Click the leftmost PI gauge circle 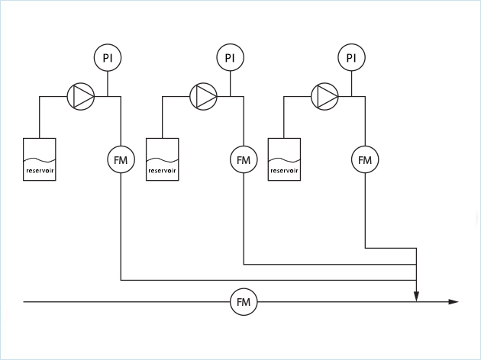(x=108, y=58)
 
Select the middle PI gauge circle (x=229, y=58)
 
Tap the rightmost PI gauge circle (x=351, y=58)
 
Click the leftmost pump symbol (x=81, y=96)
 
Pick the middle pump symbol (x=203, y=96)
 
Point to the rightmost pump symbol (x=325, y=96)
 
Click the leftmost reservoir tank (x=40, y=159)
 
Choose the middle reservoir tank (x=162, y=159)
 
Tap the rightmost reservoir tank (x=284, y=159)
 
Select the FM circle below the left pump (x=121, y=160)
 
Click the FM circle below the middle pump (x=244, y=160)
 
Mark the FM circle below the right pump (x=365, y=160)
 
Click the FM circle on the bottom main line (x=244, y=303)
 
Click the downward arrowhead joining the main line (x=416, y=297)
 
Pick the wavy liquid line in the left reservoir (x=40, y=159)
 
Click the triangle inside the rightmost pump (x=326, y=96)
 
